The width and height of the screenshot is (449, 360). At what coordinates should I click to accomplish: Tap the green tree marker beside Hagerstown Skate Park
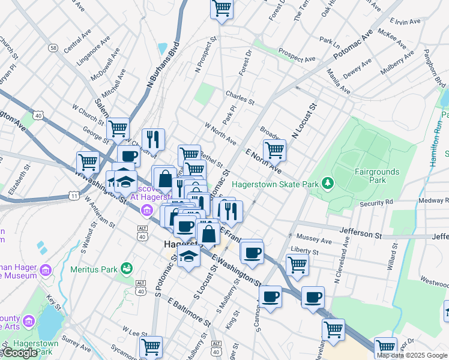[327, 182]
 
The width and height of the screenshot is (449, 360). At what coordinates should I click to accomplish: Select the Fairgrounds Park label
[376, 176]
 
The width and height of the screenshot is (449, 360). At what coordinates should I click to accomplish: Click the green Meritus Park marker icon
[126, 268]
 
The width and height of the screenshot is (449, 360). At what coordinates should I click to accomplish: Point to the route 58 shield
[54, 47]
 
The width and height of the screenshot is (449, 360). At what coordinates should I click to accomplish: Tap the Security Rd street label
[376, 203]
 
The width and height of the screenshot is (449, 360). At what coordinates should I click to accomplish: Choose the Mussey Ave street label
[315, 240]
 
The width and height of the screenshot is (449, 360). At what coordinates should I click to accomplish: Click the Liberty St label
[304, 250]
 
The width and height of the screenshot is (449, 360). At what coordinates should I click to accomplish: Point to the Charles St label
[240, 94]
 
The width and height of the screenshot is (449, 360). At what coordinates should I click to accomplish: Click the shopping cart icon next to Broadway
[274, 151]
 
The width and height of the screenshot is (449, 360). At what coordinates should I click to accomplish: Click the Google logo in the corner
[20, 352]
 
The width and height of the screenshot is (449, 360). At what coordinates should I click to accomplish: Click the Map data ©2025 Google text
[412, 355]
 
